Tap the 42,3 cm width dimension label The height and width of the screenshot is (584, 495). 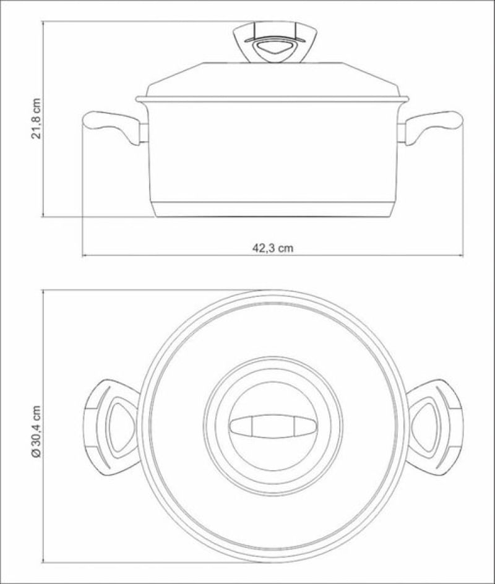(273, 248)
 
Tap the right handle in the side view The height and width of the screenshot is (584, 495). (433, 126)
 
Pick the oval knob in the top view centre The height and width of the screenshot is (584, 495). (273, 426)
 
